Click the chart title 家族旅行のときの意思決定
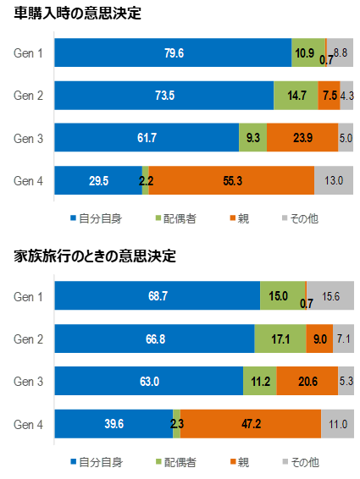point(95,256)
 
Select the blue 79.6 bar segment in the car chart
point(173,53)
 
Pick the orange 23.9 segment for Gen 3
point(302,136)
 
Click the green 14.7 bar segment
point(296,95)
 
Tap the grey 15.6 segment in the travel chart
point(330,295)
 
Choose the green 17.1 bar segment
point(280,339)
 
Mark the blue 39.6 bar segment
point(113,424)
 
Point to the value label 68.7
point(157,296)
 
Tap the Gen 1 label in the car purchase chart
point(29,53)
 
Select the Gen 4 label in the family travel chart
point(29,424)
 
